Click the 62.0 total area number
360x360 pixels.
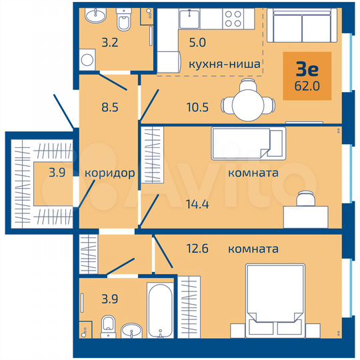click(306, 85)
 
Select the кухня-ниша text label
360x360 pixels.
click(224, 64)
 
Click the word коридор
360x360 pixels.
click(110, 173)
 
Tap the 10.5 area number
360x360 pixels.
click(197, 105)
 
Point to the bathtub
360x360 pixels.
click(160, 311)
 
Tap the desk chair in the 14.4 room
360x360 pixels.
click(305, 199)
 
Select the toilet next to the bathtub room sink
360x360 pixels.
click(107, 327)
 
